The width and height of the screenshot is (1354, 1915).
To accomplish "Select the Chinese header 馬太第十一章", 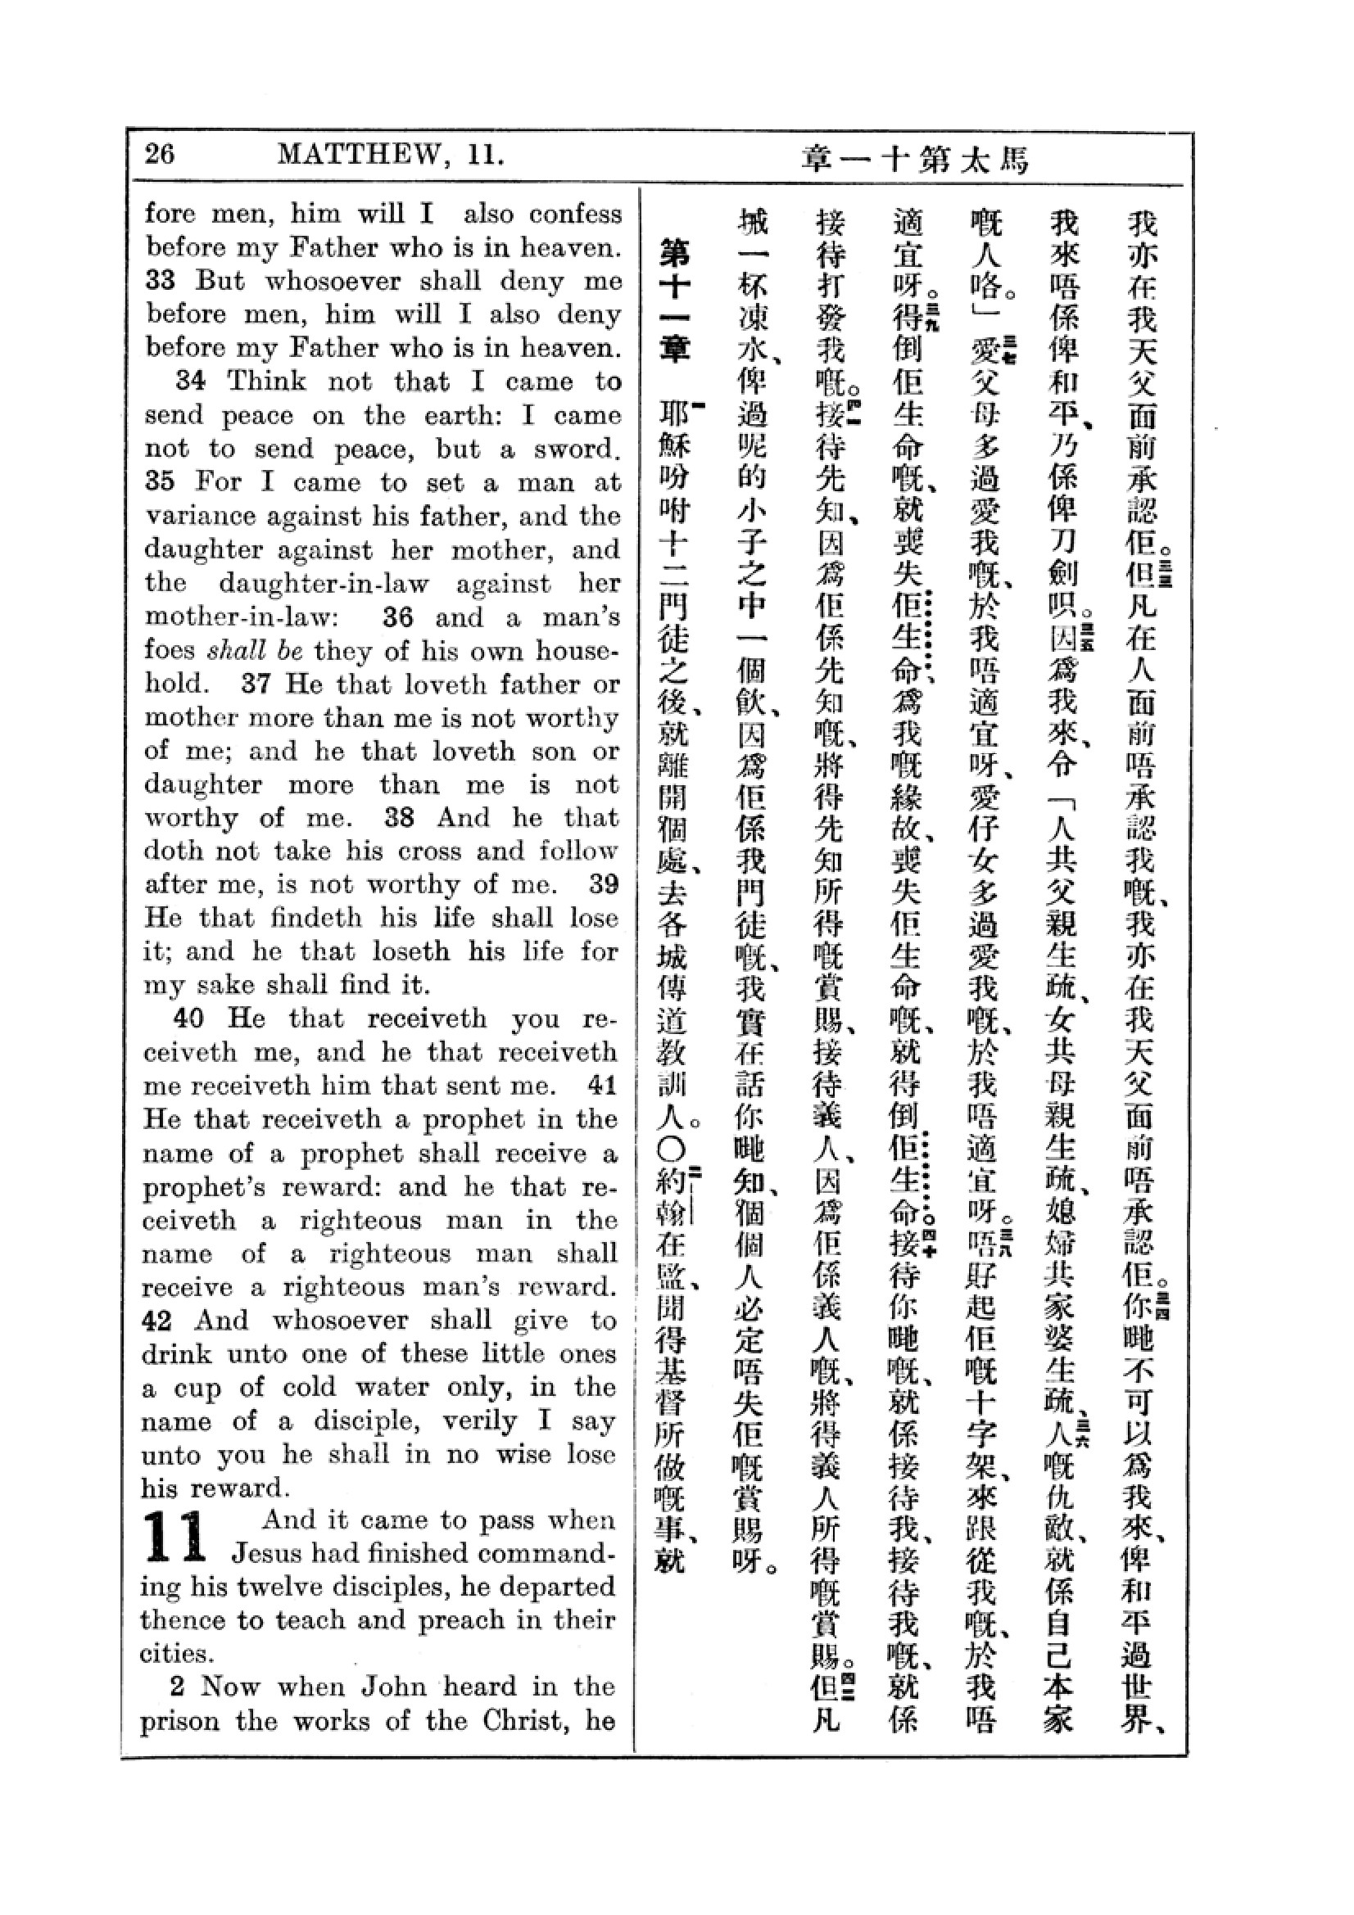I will click(914, 159).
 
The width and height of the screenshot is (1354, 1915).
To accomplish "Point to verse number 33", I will click(161, 280).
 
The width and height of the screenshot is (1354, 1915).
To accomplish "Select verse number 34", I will click(190, 382).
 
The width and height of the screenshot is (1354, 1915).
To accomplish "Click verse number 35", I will click(161, 482).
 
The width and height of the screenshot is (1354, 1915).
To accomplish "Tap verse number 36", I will click(398, 617).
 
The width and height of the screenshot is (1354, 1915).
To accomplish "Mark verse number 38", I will click(399, 817).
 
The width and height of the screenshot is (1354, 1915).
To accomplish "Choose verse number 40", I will click(188, 1018).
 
